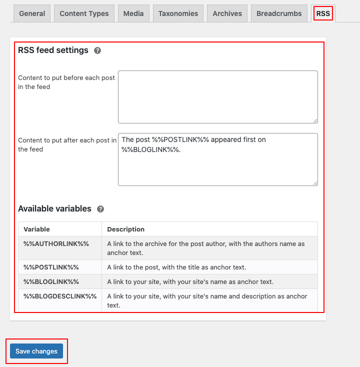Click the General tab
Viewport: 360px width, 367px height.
32,13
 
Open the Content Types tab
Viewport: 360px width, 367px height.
84,13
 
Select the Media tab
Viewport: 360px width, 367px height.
133,13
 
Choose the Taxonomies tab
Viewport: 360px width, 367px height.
177,13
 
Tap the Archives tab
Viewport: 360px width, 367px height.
227,13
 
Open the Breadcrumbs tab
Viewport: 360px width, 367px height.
279,13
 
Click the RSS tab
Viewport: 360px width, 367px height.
323,13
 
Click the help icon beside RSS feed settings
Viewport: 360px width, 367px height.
97,50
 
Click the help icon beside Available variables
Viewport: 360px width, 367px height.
100,209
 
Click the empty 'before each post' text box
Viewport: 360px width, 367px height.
217,96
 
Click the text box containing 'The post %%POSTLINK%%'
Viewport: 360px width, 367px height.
217,159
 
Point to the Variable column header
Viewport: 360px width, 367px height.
37,229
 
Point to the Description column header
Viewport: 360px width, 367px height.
125,229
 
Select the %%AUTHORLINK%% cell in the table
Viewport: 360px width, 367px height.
56,243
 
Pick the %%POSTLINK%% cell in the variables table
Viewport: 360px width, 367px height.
51,267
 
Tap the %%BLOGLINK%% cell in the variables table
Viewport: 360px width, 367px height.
51,281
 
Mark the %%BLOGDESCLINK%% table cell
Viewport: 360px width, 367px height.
60,296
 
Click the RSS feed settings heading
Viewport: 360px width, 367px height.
53,50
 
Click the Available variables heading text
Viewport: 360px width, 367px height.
54,208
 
